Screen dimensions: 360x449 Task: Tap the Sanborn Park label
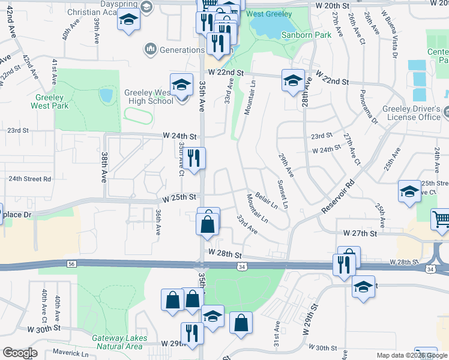[x=306, y=35]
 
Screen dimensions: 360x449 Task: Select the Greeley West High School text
[x=148, y=97]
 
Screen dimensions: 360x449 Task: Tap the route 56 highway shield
[x=71, y=263]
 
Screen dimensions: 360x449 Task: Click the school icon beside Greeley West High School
[x=181, y=86]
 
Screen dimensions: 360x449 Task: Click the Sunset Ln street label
[x=282, y=194]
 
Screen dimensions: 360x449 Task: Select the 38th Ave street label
[x=104, y=167]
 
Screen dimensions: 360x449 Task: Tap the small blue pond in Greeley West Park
[x=106, y=95]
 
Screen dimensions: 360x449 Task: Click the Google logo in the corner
[x=20, y=353]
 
